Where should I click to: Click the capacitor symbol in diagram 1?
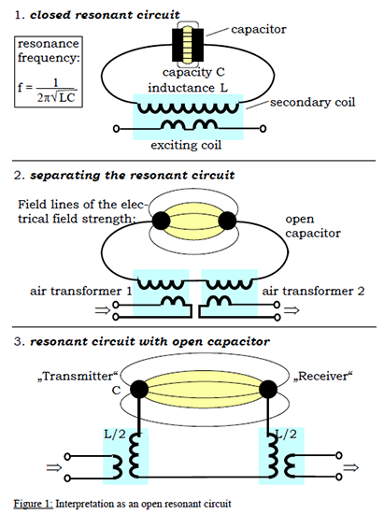pyautogui.click(x=188, y=45)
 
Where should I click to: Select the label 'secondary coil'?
pyautogui.click(x=313, y=102)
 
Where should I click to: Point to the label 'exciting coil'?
pyautogui.click(x=186, y=145)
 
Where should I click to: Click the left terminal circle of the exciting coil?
pyautogui.click(x=116, y=129)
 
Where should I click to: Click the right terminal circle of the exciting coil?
pyautogui.click(x=263, y=129)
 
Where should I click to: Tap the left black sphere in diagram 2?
pyautogui.click(x=161, y=221)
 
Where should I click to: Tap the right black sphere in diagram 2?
pyautogui.click(x=227, y=221)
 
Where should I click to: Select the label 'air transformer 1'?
pyautogui.click(x=81, y=291)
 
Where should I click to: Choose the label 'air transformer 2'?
pyautogui.click(x=313, y=291)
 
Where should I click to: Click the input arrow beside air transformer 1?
pyautogui.click(x=102, y=310)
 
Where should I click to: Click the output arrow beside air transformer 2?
pyautogui.click(x=292, y=310)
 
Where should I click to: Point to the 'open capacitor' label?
pyautogui.click(x=313, y=226)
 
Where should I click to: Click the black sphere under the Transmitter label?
pyautogui.click(x=139, y=390)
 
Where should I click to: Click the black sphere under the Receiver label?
pyautogui.click(x=268, y=390)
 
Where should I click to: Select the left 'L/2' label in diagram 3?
pyautogui.click(x=115, y=435)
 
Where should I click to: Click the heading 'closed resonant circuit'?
pyautogui.click(x=105, y=15)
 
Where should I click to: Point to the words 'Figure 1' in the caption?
pyautogui.click(x=33, y=504)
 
